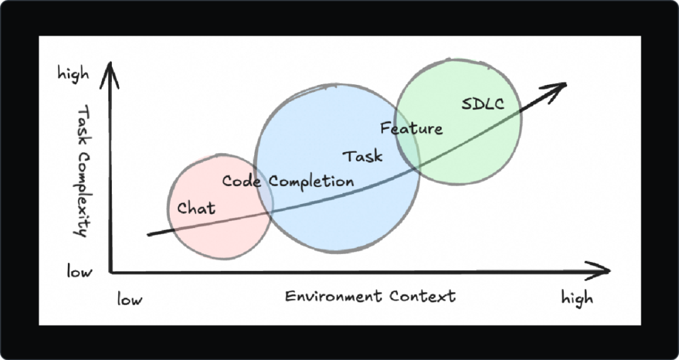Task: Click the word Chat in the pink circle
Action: tap(196, 208)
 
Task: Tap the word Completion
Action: tap(311, 182)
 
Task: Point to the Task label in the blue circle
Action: tap(362, 156)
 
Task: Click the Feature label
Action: tap(411, 129)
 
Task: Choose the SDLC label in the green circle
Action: tap(483, 104)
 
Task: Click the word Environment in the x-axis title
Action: tap(333, 296)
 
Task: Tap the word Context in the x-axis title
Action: tap(422, 296)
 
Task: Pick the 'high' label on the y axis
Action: tap(74, 74)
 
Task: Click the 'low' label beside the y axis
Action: tap(80, 271)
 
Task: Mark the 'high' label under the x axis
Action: tap(577, 298)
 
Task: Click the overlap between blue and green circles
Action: tap(408, 145)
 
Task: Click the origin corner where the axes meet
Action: tap(111, 271)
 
